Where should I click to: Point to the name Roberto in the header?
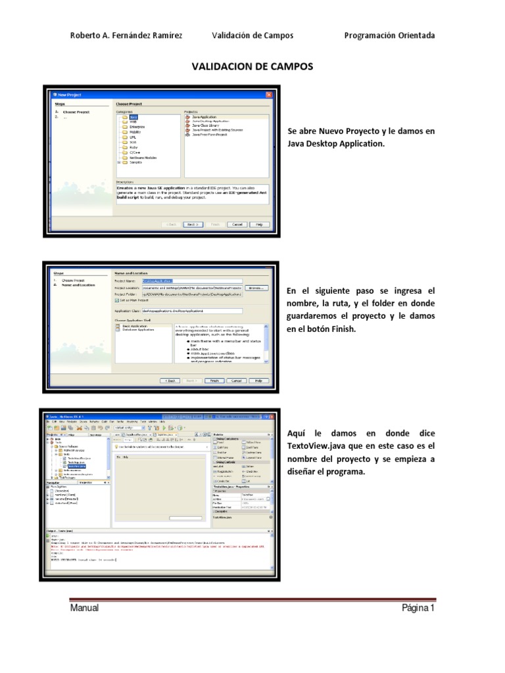pos(86,35)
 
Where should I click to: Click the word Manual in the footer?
pos(85,608)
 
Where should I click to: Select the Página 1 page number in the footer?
pos(418,608)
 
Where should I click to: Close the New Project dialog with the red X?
pos(268,95)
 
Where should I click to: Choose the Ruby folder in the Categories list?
pos(133,147)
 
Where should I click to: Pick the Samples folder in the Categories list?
pos(135,162)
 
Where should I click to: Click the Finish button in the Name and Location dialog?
pos(214,380)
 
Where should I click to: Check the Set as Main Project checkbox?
pos(117,300)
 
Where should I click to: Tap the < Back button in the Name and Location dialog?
pos(170,380)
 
